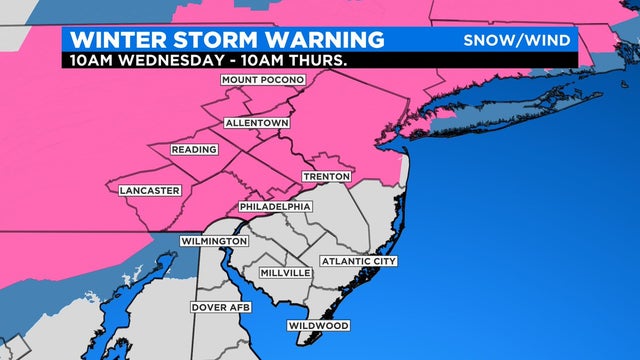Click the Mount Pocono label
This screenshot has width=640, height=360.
(262, 80)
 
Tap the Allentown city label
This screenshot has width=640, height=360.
(256, 123)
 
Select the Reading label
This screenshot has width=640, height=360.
(194, 149)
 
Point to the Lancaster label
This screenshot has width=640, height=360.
(148, 190)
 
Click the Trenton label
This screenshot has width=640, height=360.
(328, 177)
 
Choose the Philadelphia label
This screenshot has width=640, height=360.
(275, 206)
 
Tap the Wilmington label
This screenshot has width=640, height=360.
(214, 242)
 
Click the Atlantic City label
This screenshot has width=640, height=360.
(359, 261)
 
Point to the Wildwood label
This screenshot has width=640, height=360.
(318, 326)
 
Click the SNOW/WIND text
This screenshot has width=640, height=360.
(517, 40)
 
